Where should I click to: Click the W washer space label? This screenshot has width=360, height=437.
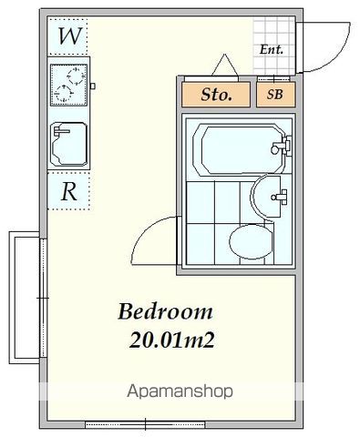[x=68, y=37]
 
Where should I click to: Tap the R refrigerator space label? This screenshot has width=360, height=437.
[x=68, y=191]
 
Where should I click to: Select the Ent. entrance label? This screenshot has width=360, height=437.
[x=271, y=50]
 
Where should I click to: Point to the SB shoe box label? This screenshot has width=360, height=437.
[x=273, y=94]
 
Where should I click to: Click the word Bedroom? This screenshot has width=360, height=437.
[x=166, y=311]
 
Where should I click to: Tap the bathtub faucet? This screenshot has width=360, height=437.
[x=286, y=144]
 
